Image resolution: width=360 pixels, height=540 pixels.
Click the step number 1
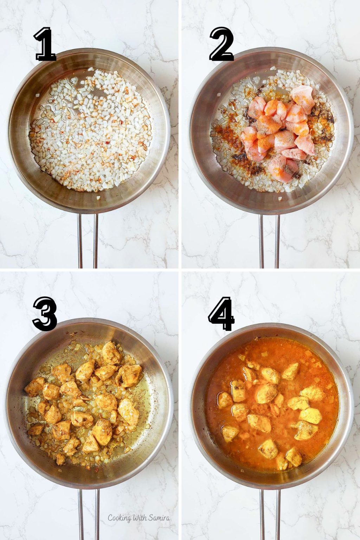click(45, 45)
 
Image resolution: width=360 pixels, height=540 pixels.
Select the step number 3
click(45, 314)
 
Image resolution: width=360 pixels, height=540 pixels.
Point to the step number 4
click(221, 314)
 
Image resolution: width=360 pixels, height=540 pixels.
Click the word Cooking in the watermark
click(120, 518)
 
